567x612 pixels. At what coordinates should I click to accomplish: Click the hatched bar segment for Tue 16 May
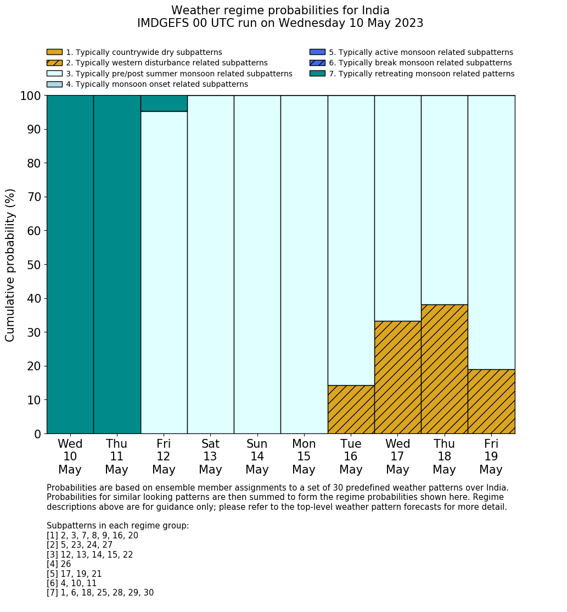click(x=351, y=409)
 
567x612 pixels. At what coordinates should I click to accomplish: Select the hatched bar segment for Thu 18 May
click(x=444, y=369)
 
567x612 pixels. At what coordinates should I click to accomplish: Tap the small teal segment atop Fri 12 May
click(x=164, y=103)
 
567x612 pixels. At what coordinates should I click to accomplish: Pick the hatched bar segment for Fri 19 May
click(x=491, y=401)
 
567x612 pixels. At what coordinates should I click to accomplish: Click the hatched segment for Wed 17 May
click(x=397, y=377)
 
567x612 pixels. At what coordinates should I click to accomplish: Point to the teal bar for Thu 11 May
click(x=117, y=264)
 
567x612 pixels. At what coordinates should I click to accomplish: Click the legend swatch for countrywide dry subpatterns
click(x=54, y=52)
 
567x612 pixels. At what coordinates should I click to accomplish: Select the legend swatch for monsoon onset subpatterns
click(x=54, y=84)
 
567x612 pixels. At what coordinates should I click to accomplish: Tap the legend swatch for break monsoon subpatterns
click(x=317, y=63)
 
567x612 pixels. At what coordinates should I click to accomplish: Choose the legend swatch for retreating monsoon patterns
click(x=317, y=74)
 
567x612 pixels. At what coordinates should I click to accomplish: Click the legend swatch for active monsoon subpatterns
click(x=317, y=52)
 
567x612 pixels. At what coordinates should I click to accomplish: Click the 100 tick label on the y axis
click(x=30, y=96)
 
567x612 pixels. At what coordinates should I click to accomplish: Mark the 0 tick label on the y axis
click(x=37, y=434)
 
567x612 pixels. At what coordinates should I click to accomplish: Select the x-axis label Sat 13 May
click(x=210, y=457)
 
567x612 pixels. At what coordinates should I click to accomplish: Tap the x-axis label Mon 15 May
click(x=304, y=457)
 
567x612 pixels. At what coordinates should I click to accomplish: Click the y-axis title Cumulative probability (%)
click(x=10, y=265)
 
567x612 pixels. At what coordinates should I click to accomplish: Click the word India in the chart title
click(x=375, y=10)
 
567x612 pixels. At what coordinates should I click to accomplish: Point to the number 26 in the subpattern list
click(x=65, y=564)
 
